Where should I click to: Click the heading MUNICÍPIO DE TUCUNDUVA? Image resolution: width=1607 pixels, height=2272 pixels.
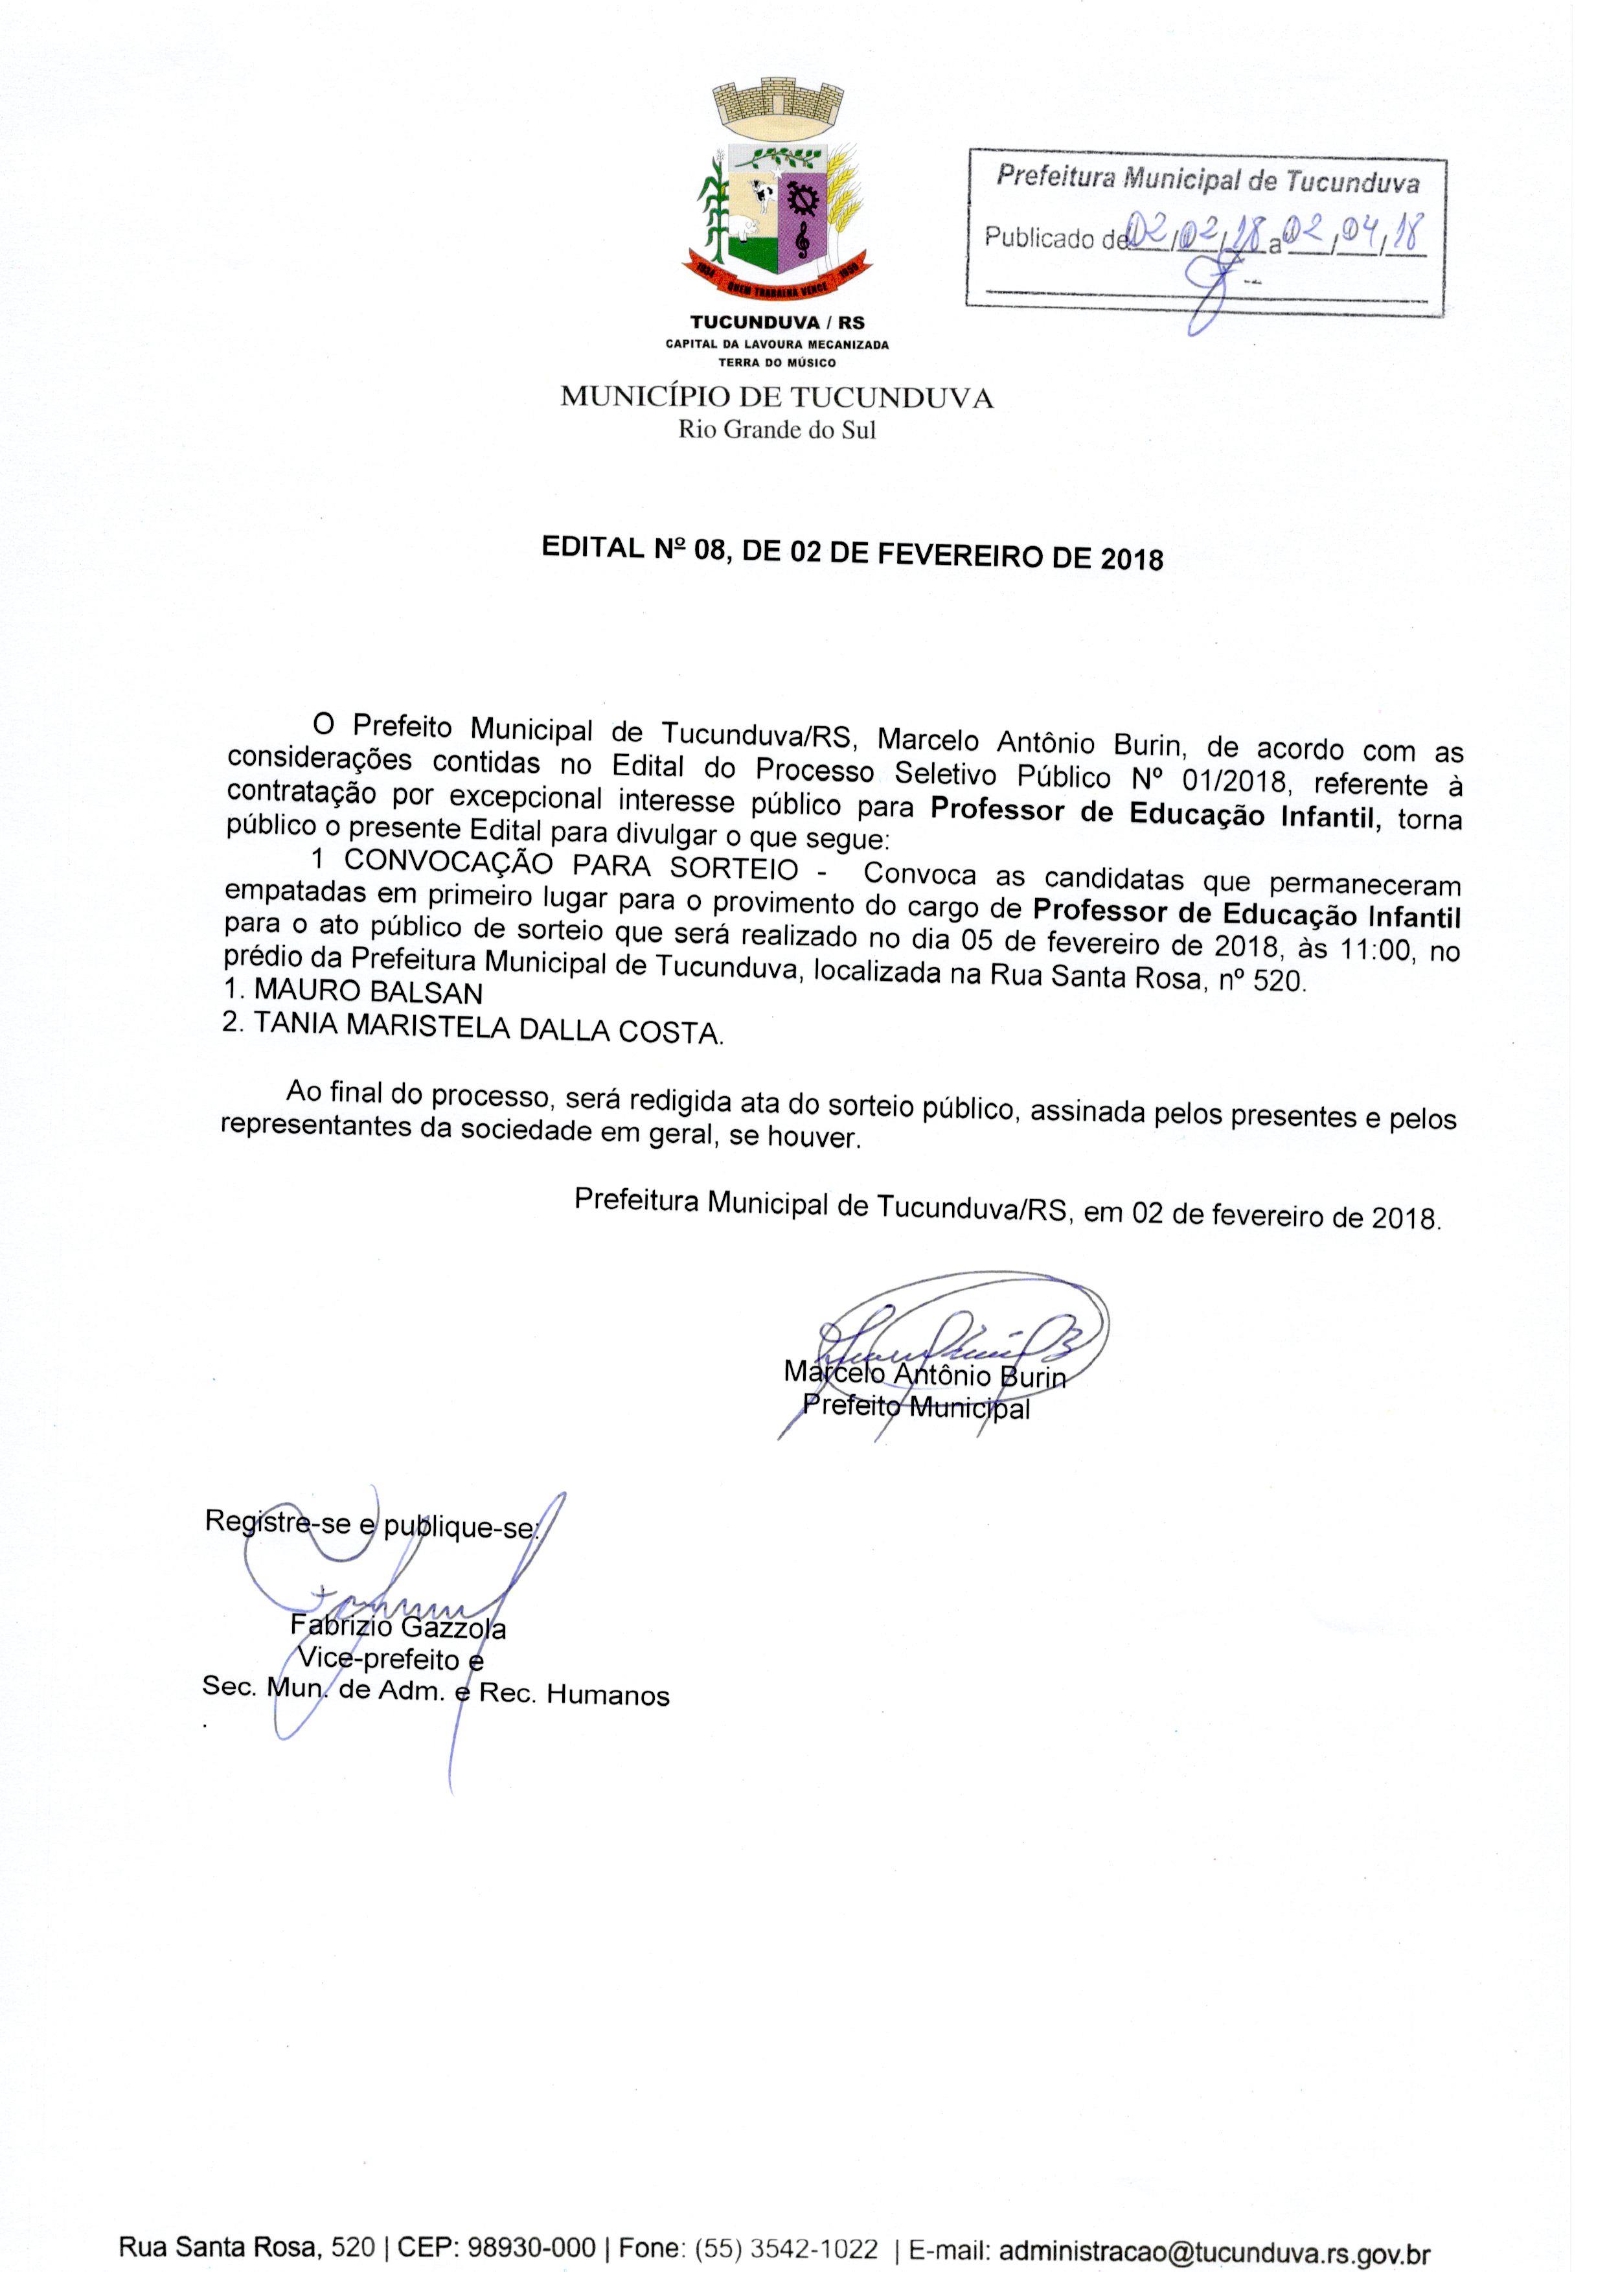coord(777,398)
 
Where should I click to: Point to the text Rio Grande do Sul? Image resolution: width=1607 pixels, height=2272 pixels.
coord(777,430)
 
